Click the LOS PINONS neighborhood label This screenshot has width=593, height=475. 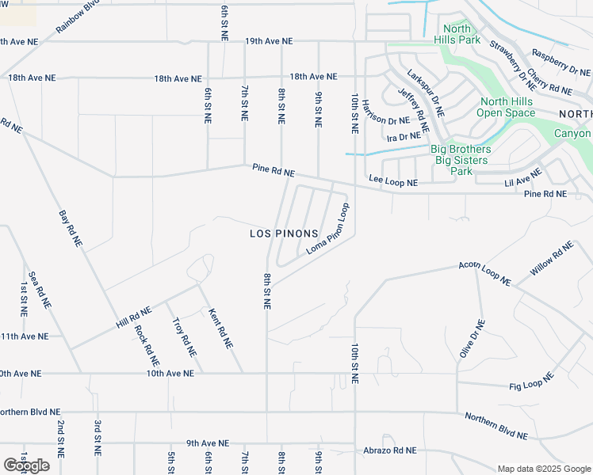(284, 234)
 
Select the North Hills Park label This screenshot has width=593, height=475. (457, 34)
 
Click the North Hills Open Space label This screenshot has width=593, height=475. (507, 107)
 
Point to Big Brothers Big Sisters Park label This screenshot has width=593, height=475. (461, 160)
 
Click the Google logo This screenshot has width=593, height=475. (26, 465)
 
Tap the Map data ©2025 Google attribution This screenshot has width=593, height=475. (544, 468)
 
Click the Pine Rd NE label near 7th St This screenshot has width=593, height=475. (274, 170)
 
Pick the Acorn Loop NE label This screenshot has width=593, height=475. (485, 272)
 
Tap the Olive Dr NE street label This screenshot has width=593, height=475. (471, 339)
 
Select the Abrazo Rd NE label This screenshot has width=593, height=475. (389, 450)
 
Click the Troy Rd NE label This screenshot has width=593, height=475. (183, 336)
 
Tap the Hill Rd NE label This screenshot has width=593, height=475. (133, 318)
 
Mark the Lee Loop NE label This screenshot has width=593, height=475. (392, 181)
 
